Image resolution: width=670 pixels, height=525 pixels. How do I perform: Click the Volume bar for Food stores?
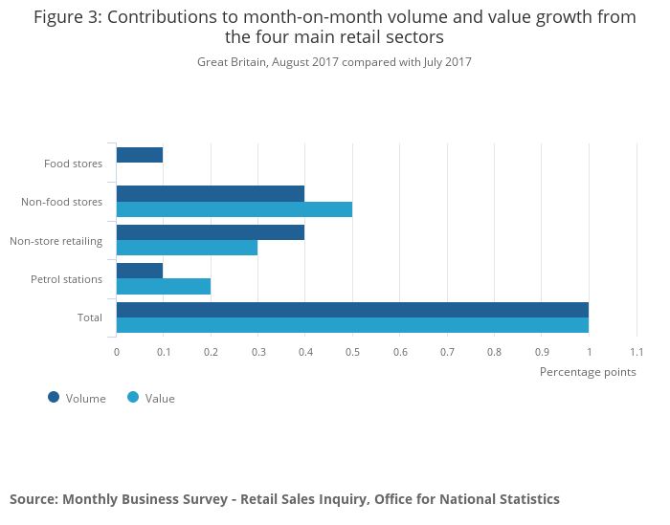point(140,155)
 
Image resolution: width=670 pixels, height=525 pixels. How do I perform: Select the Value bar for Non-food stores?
point(234,209)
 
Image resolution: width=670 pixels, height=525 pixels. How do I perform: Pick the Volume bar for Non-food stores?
point(211,193)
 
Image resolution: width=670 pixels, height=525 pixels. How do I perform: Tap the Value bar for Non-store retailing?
point(187,248)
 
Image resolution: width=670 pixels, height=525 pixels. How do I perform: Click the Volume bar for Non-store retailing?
point(211,232)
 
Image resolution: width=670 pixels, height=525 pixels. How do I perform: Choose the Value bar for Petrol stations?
point(164,286)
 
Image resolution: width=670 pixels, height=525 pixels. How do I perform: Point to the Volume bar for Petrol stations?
point(140,271)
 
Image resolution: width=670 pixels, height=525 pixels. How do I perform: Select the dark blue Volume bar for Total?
point(352,309)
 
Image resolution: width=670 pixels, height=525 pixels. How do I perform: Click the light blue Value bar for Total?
point(352,325)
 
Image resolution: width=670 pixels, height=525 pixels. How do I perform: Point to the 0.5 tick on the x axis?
point(352,352)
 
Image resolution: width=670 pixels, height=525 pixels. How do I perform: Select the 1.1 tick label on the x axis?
point(636,352)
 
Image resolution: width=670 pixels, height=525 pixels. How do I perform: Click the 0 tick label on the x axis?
point(117,352)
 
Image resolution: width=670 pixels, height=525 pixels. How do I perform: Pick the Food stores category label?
point(73,164)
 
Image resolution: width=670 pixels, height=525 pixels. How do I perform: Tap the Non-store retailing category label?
point(56,241)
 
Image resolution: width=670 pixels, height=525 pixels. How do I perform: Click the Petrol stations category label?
point(66,279)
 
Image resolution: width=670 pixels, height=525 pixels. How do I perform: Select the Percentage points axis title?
point(587,371)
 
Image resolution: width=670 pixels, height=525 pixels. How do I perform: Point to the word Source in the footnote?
point(33,499)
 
